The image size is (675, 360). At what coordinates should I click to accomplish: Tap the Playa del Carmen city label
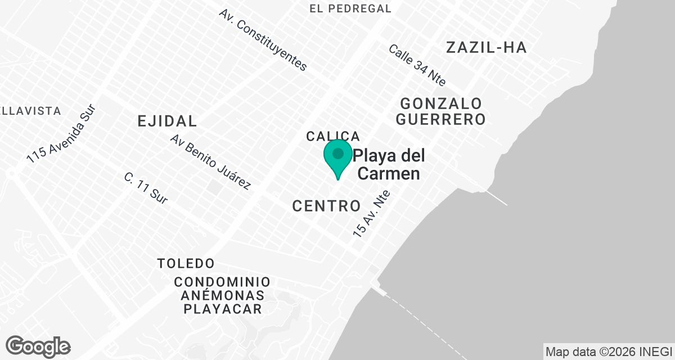pyautogui.click(x=389, y=164)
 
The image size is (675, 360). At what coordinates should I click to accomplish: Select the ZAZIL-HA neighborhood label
pyautogui.click(x=486, y=48)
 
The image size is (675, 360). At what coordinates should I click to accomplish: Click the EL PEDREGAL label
pyautogui.click(x=350, y=8)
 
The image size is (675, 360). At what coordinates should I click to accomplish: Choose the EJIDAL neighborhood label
pyautogui.click(x=168, y=121)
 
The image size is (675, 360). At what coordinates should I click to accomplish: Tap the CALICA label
pyautogui.click(x=332, y=136)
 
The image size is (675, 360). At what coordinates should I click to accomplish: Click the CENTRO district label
pyautogui.click(x=326, y=206)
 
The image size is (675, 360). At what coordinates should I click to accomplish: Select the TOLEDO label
pyautogui.click(x=186, y=263)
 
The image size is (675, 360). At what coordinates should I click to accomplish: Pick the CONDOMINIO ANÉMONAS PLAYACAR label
pyautogui.click(x=222, y=295)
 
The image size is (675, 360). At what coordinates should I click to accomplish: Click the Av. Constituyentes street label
pyautogui.click(x=263, y=40)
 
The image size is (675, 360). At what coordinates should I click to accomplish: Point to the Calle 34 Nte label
pyautogui.click(x=417, y=65)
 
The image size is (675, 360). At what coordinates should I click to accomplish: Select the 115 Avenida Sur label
pyautogui.click(x=62, y=135)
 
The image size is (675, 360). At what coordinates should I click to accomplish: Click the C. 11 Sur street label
pyautogui.click(x=146, y=188)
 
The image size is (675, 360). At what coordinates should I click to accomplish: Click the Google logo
pyautogui.click(x=38, y=346)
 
